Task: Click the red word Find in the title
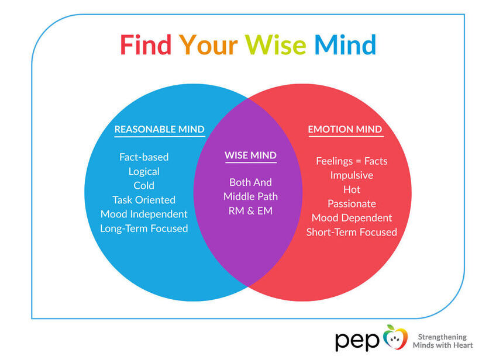click(146, 45)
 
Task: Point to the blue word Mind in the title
click(345, 45)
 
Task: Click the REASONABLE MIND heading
click(159, 129)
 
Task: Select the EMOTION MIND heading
click(345, 129)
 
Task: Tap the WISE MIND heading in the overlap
click(250, 156)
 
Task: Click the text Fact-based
click(144, 157)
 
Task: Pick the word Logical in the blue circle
click(144, 171)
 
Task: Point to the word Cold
click(144, 185)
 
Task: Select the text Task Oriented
click(144, 200)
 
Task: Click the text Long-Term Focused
click(144, 228)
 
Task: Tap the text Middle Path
click(250, 196)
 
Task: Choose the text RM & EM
click(250, 210)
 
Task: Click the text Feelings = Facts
click(352, 161)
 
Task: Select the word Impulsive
click(352, 175)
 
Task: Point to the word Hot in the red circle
click(352, 189)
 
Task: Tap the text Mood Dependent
click(352, 218)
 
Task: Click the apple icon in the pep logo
click(395, 338)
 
